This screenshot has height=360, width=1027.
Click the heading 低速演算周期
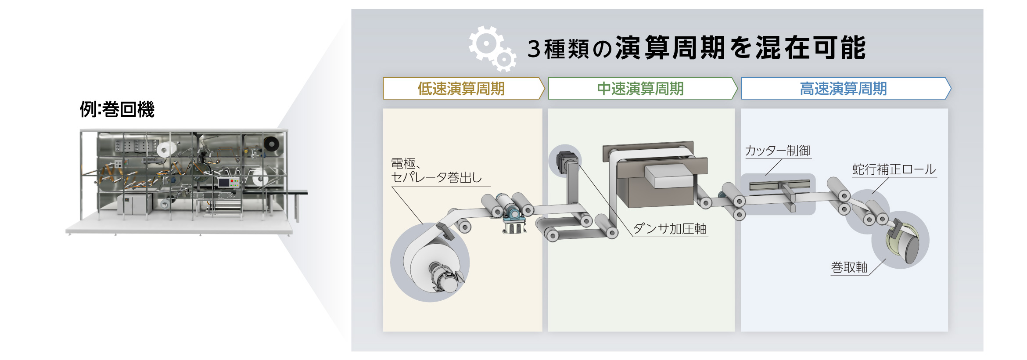coord(461,89)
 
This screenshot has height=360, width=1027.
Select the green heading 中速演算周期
coord(640,89)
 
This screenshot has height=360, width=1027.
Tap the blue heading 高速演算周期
coord(843,89)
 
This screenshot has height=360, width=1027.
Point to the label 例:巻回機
coord(117,109)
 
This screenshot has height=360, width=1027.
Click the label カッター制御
coord(778,151)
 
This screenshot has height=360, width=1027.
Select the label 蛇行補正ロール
coord(894,169)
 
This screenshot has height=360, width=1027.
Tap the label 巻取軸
coord(849,267)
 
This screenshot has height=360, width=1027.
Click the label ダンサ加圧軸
coord(669,229)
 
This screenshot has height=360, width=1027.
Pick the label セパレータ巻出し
coord(436,177)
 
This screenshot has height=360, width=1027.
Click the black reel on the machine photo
coord(271,144)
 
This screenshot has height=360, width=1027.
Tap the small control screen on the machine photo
coord(225,182)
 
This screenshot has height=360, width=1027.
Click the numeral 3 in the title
coord(534,49)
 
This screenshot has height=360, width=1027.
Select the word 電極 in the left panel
coord(403,163)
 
